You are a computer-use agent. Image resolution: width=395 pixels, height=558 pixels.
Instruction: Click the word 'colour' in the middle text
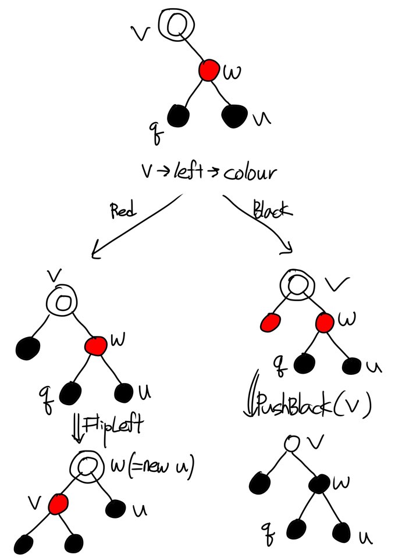247,173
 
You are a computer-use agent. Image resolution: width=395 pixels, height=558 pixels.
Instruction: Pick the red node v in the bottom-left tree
58,503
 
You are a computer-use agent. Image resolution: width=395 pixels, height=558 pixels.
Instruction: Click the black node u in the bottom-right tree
342,531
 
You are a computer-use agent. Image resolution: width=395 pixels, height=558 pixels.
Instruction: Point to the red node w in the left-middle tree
95,346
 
